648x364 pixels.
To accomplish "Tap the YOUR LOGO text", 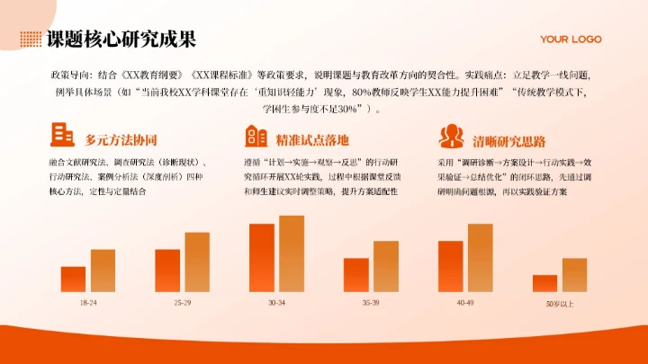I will coord(570,40).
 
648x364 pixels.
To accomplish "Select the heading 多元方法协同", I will coord(121,140).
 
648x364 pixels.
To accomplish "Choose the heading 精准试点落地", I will coord(312,140).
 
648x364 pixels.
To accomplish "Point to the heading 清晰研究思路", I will coord(508,140).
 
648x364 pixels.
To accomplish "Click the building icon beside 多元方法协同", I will coord(63,135).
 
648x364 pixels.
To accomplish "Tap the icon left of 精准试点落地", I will coord(256,135).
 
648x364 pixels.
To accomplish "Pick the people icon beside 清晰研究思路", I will coord(450,135).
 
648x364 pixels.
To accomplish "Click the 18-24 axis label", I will coord(88,303).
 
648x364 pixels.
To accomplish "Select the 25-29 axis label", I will coord(183,303).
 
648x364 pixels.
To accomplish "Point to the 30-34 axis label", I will coord(276,303).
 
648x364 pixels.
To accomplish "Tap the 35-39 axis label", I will coord(371,303).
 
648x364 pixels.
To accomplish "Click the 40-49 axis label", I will coord(464,303).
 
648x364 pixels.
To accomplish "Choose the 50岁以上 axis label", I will coord(559,304).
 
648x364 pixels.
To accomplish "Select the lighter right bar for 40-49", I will coord(480,258).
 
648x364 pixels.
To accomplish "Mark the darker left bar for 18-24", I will coord(73,280).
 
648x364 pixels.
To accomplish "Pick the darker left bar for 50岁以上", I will coord(544,283).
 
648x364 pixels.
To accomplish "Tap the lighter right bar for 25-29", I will coord(197,262).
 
